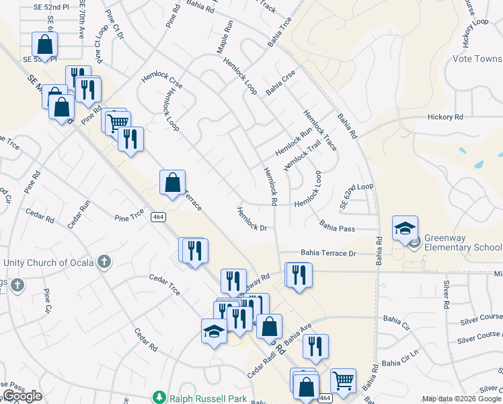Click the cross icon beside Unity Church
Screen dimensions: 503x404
[x=104, y=262]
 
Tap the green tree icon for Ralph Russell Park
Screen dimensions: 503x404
[x=159, y=398]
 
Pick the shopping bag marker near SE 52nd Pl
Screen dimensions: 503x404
[x=44, y=45]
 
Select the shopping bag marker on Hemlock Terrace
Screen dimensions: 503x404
[x=172, y=182]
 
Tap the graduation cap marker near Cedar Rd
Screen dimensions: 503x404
[x=214, y=331]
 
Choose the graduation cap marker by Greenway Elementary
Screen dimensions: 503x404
[x=405, y=228]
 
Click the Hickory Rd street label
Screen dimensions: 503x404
[x=445, y=117]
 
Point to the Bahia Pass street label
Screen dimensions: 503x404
[x=337, y=228]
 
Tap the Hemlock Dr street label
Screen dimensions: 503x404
[x=252, y=219]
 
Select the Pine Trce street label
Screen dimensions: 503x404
[x=129, y=217]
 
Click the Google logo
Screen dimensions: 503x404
[x=22, y=396]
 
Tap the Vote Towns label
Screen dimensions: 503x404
[x=477, y=59]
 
